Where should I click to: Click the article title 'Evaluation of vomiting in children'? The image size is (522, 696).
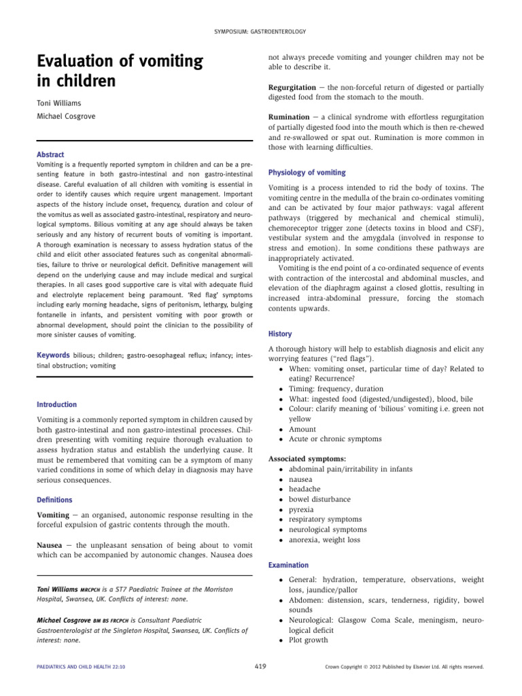[x=120, y=71]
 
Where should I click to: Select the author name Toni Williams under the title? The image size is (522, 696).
[x=60, y=103]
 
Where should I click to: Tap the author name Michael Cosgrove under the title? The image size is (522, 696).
[x=67, y=117]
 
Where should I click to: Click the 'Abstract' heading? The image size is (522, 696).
[x=50, y=154]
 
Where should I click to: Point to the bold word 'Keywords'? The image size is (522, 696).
[x=54, y=355]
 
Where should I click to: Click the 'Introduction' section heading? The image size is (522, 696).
[x=57, y=404]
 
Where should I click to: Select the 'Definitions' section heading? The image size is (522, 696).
[x=54, y=500]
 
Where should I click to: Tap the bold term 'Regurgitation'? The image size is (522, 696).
[x=292, y=88]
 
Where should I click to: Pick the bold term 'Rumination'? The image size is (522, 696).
[x=288, y=118]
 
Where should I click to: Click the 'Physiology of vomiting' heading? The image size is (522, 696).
[x=307, y=173]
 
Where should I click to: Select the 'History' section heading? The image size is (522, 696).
[x=280, y=334]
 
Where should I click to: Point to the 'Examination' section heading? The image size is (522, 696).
[x=288, y=565]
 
